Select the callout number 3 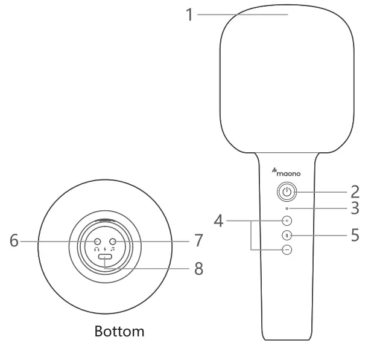(355, 208)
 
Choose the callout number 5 (355, 235)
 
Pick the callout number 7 (198, 241)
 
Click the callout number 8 (198, 269)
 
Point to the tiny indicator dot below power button (287, 208)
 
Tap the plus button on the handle (287, 221)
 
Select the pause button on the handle (287, 235)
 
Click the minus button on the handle (287, 249)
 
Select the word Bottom (120, 332)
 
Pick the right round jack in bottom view (112, 241)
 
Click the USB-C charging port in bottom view (105, 258)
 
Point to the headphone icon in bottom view (97, 248)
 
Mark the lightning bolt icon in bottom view (105, 248)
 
